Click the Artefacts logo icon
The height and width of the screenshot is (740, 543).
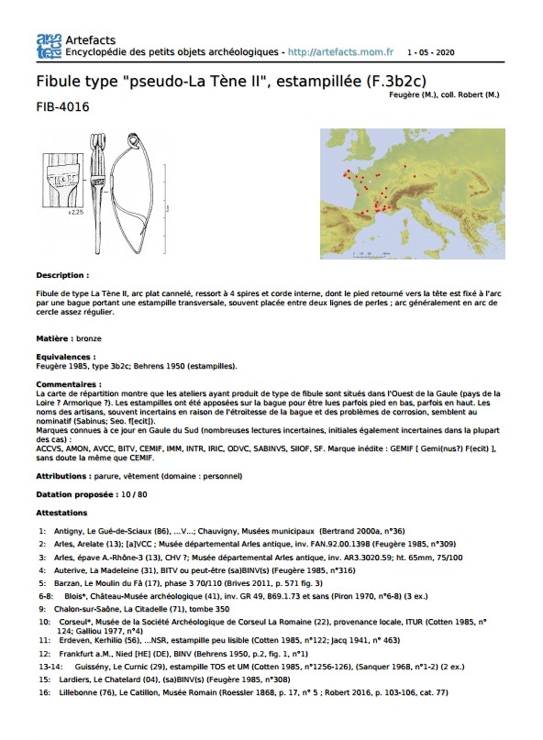click(x=49, y=46)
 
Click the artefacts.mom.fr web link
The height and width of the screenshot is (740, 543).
click(x=340, y=52)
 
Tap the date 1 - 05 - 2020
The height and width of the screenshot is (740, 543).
click(x=430, y=52)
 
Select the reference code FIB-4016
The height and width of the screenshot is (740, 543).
click(x=62, y=106)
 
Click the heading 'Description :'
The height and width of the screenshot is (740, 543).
click(x=62, y=275)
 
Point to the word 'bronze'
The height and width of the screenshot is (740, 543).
click(x=89, y=338)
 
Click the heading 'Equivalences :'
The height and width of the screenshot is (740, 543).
click(x=66, y=357)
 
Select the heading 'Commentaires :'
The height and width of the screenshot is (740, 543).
click(x=69, y=384)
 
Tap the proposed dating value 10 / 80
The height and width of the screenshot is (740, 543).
click(x=134, y=494)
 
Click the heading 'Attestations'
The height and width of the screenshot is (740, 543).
click(x=61, y=513)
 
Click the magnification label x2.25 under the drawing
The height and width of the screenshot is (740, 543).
click(x=75, y=213)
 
